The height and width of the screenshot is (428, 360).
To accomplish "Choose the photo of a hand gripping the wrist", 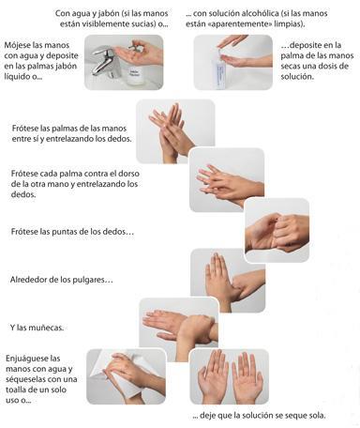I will point(178,325).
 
